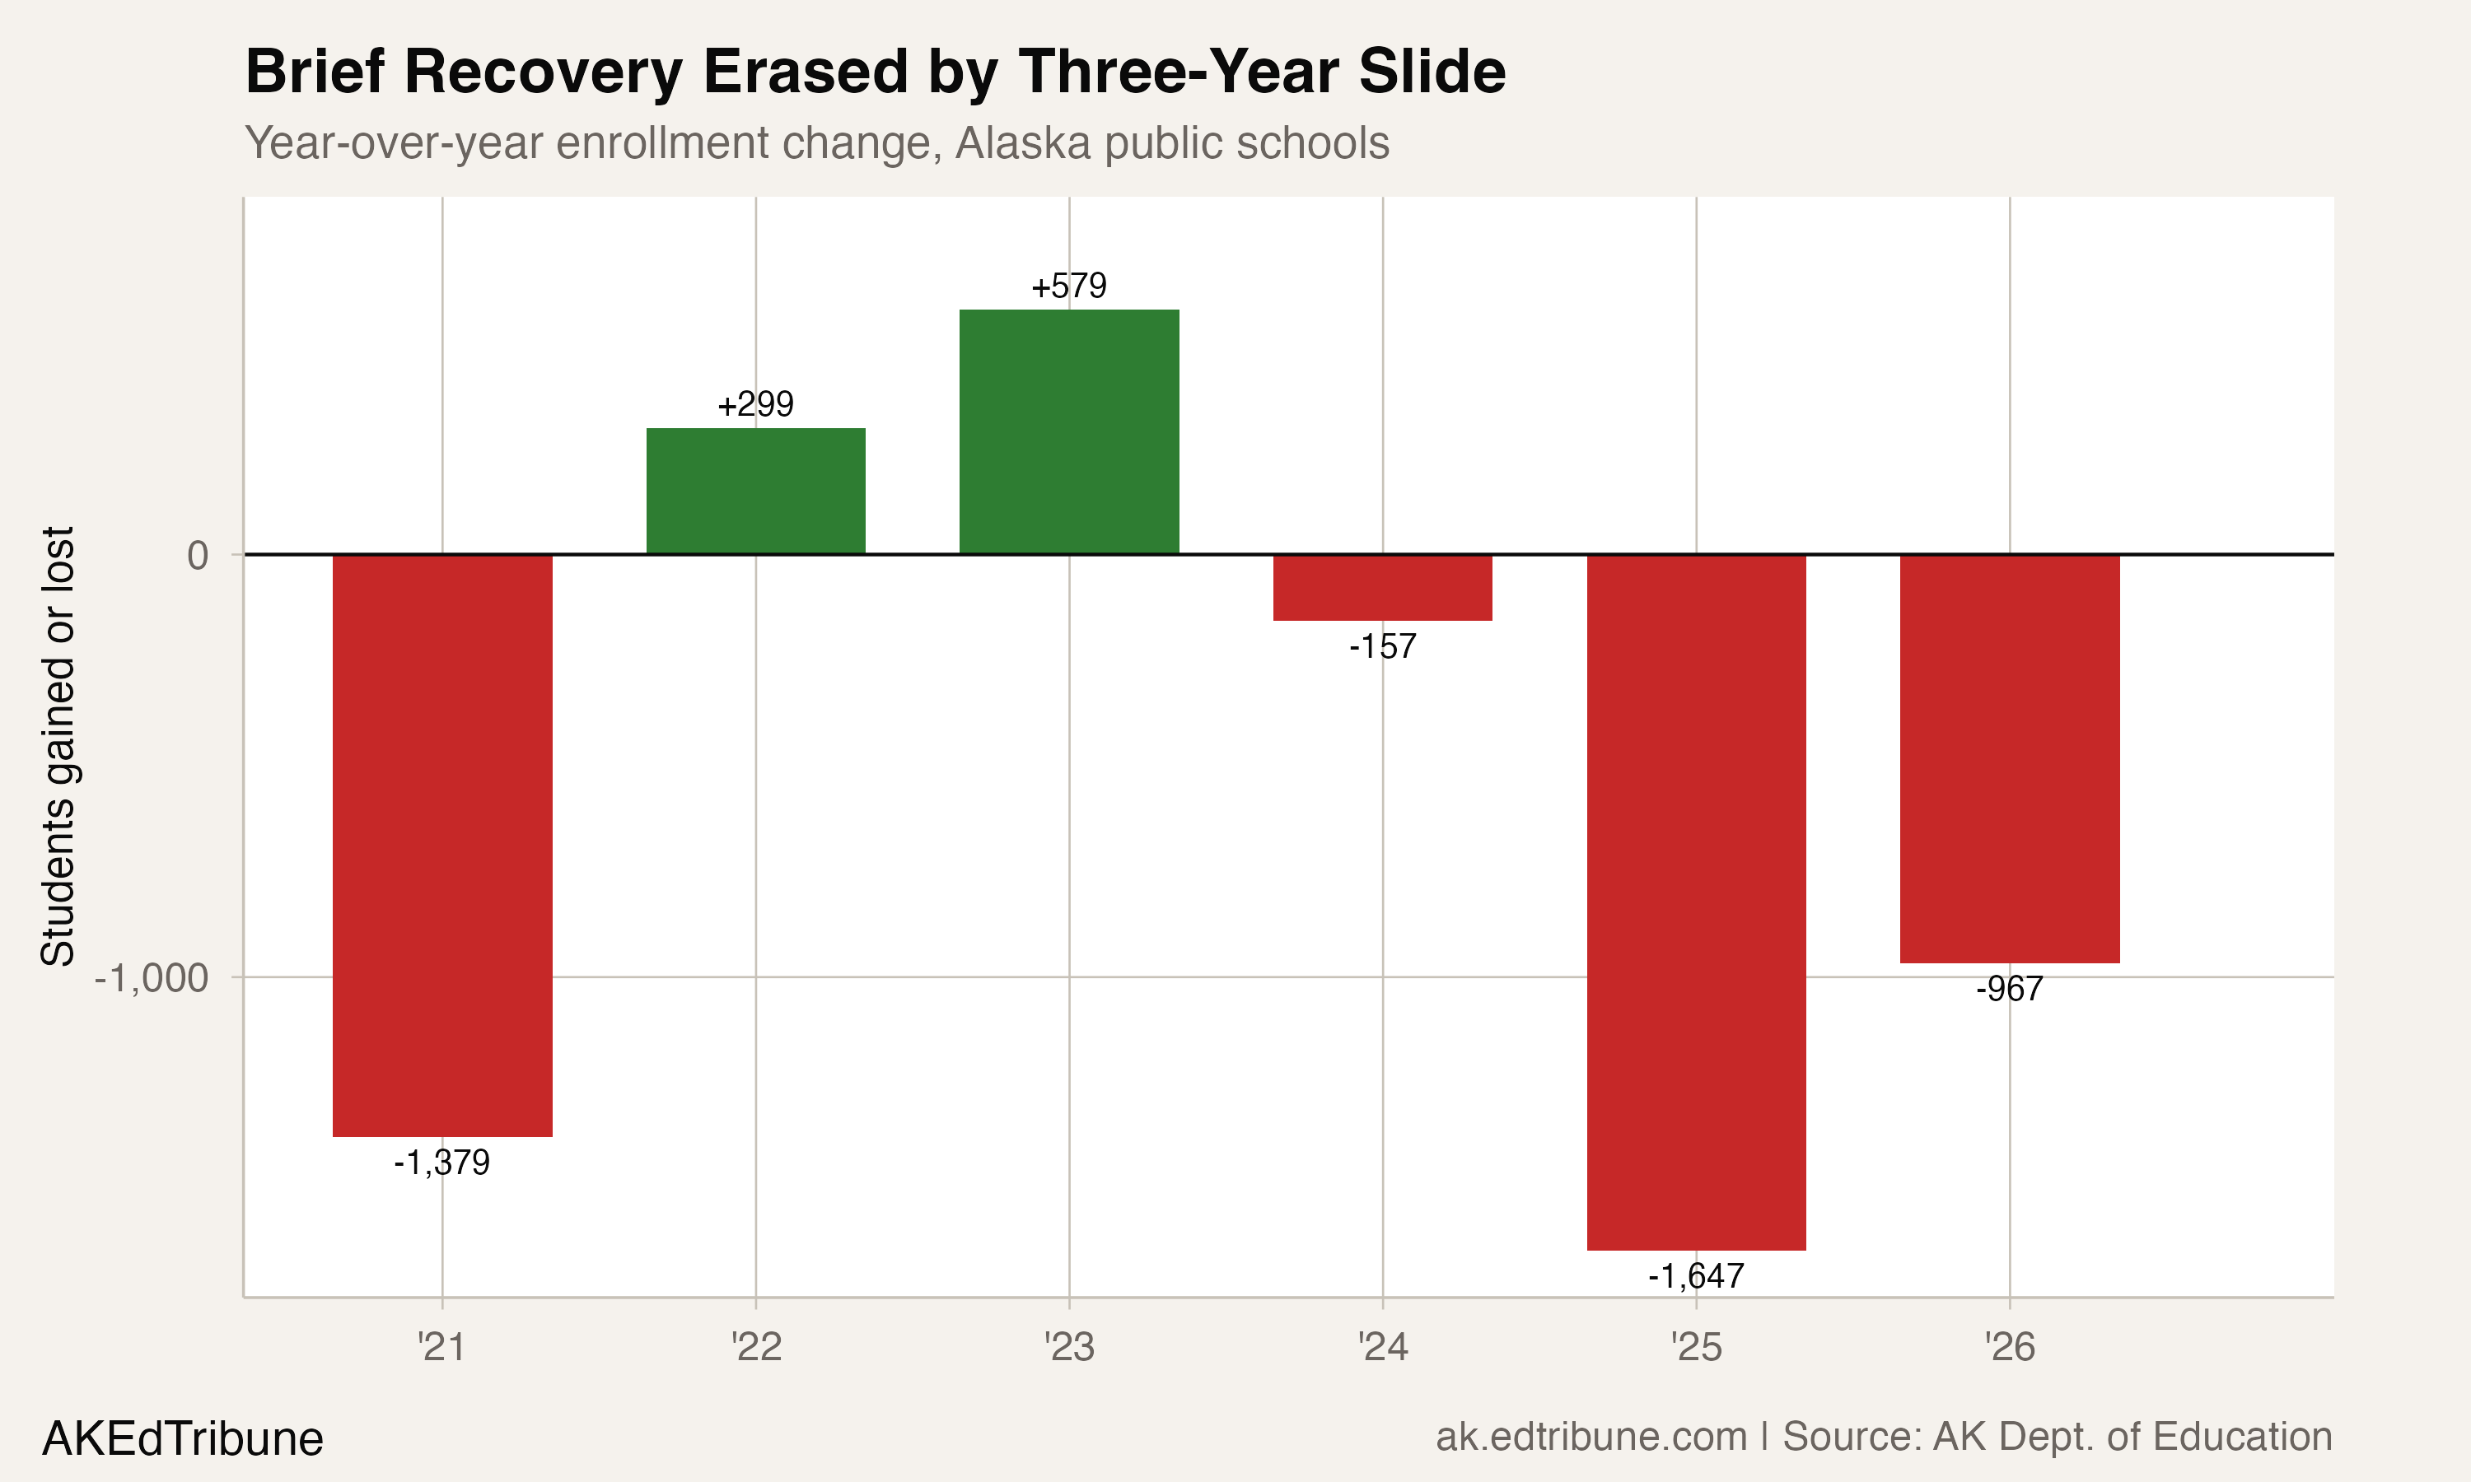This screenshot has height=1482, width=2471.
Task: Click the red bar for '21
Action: coord(441,845)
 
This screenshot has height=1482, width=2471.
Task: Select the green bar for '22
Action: coord(755,491)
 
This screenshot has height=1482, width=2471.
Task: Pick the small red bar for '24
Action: coord(1382,587)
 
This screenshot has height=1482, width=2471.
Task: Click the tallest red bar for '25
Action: coord(1696,902)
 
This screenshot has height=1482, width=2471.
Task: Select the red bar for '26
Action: coord(2010,759)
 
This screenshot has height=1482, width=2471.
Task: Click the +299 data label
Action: coord(755,404)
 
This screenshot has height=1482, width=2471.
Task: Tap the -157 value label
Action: coord(1382,647)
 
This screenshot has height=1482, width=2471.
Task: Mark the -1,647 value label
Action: coord(1696,1276)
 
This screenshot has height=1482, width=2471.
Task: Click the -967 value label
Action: coord(2010,990)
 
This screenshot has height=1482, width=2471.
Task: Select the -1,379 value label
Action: coord(441,1163)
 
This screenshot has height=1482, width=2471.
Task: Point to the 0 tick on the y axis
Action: coord(198,555)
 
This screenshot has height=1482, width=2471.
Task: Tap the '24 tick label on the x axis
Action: coord(1382,1348)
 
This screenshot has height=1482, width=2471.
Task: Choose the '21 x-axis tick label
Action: coord(441,1348)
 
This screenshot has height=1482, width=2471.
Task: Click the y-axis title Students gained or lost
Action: coord(58,746)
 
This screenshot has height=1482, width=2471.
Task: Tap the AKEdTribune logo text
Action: coord(183,1439)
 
